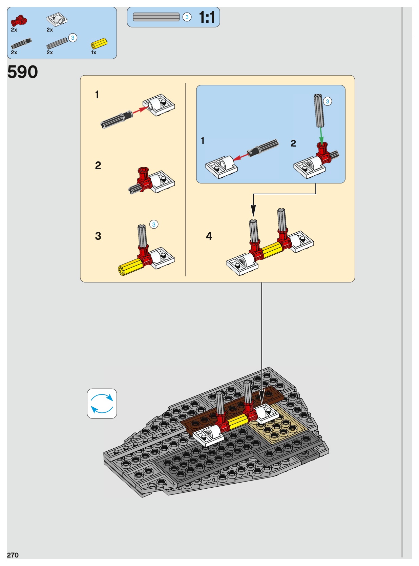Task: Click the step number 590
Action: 22,72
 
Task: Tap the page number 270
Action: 13,555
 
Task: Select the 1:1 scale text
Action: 207,17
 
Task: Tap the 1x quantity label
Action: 93,53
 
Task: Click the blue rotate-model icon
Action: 102,404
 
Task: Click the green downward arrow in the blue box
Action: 321,135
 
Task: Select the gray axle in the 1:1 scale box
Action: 156,17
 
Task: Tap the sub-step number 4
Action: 209,236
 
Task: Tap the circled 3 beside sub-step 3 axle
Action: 154,225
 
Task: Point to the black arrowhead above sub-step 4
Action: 253,211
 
